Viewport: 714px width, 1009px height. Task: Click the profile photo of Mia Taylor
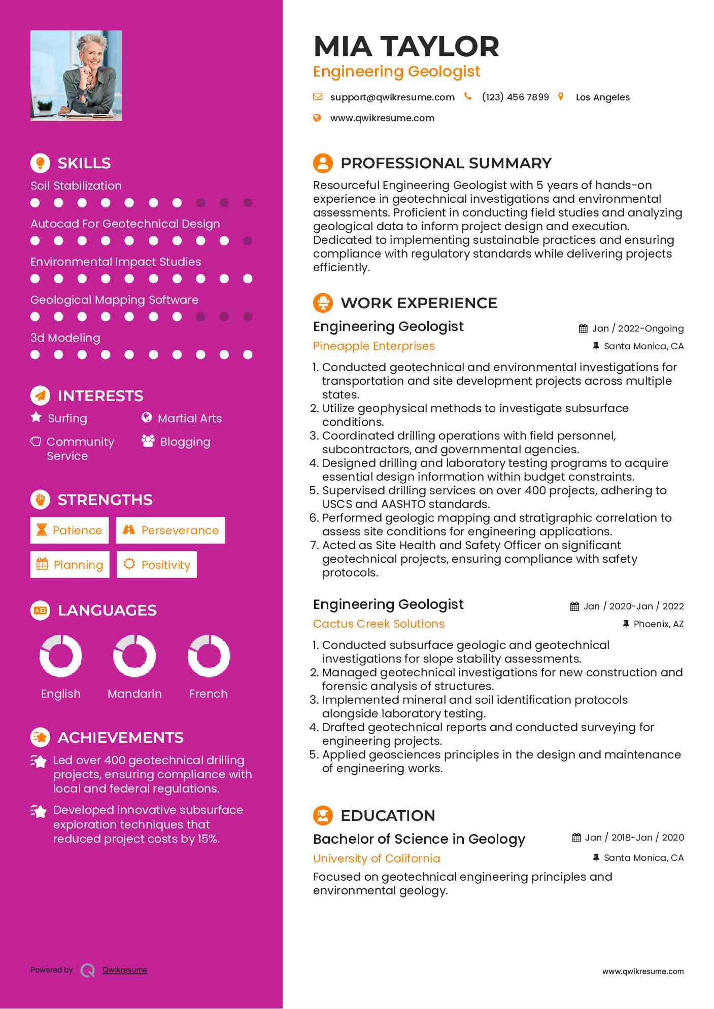76,76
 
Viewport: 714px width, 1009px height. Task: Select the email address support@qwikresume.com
392,97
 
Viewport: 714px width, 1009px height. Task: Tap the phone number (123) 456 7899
515,97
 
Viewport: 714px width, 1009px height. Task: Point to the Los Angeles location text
602,97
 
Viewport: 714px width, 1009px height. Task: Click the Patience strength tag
70,530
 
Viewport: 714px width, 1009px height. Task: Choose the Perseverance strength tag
171,530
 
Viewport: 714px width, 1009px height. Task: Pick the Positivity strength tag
157,565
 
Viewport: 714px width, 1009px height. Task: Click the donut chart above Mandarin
134,656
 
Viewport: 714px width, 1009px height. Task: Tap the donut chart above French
209,656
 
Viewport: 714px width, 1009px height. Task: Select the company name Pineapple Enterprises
374,346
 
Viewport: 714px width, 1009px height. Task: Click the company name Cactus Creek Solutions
379,624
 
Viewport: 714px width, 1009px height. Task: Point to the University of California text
377,858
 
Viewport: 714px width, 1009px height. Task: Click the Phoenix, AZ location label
658,624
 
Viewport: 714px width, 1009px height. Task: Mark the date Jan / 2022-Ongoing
637,329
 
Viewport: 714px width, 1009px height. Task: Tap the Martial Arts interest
189,418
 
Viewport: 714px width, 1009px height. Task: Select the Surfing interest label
67,418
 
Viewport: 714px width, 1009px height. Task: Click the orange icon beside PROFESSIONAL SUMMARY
323,163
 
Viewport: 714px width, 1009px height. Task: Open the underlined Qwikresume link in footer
125,970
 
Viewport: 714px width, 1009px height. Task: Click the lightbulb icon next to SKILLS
40,163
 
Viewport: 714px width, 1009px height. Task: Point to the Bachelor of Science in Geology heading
419,839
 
